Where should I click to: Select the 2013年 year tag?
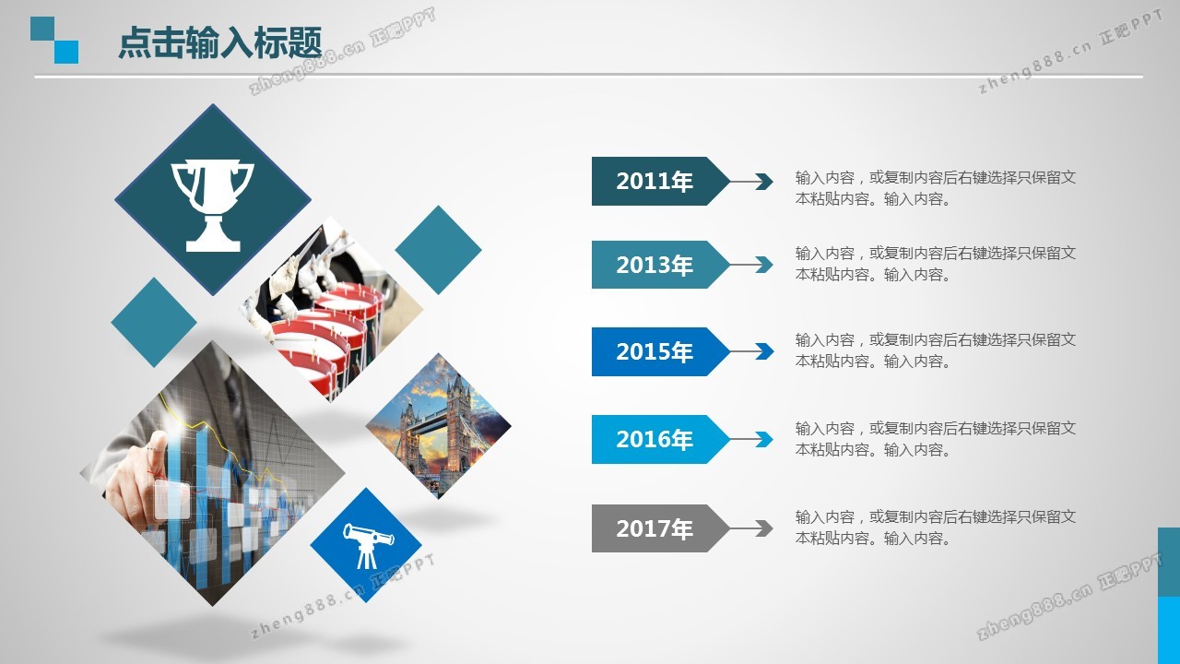tap(661, 265)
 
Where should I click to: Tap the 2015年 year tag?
tap(661, 351)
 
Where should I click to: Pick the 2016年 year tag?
tap(661, 439)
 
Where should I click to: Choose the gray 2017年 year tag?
tap(661, 528)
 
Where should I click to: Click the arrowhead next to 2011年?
tap(764, 182)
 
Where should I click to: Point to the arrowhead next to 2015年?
tap(764, 351)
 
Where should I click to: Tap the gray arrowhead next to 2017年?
tap(764, 528)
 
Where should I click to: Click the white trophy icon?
tap(213, 206)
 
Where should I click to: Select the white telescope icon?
tap(368, 545)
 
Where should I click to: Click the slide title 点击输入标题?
tap(219, 42)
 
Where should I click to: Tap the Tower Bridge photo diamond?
tap(438, 426)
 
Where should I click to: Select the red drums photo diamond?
tap(331, 309)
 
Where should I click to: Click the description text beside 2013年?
tap(936, 264)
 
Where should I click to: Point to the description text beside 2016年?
tap(936, 439)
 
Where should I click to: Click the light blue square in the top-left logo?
tap(66, 53)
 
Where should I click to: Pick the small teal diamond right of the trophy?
tap(438, 250)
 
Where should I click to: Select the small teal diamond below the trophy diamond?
tap(154, 322)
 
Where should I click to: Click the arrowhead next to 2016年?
tap(764, 439)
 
